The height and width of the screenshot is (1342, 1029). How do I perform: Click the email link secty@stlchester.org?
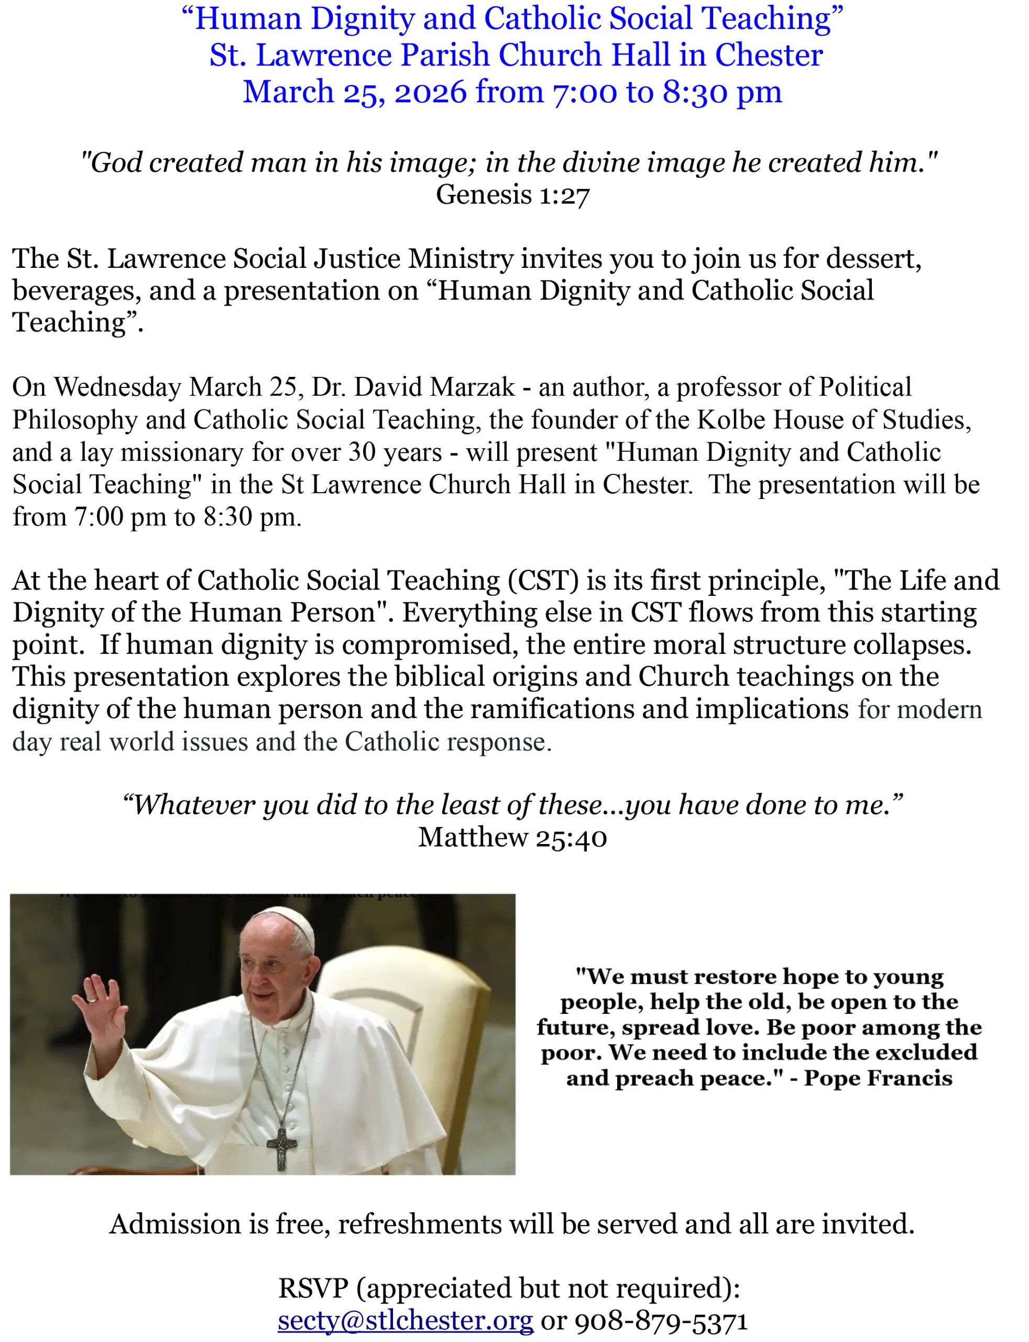[406, 1320]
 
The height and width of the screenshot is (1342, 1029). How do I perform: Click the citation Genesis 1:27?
[512, 195]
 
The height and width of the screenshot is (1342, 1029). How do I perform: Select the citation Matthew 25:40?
[512, 837]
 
